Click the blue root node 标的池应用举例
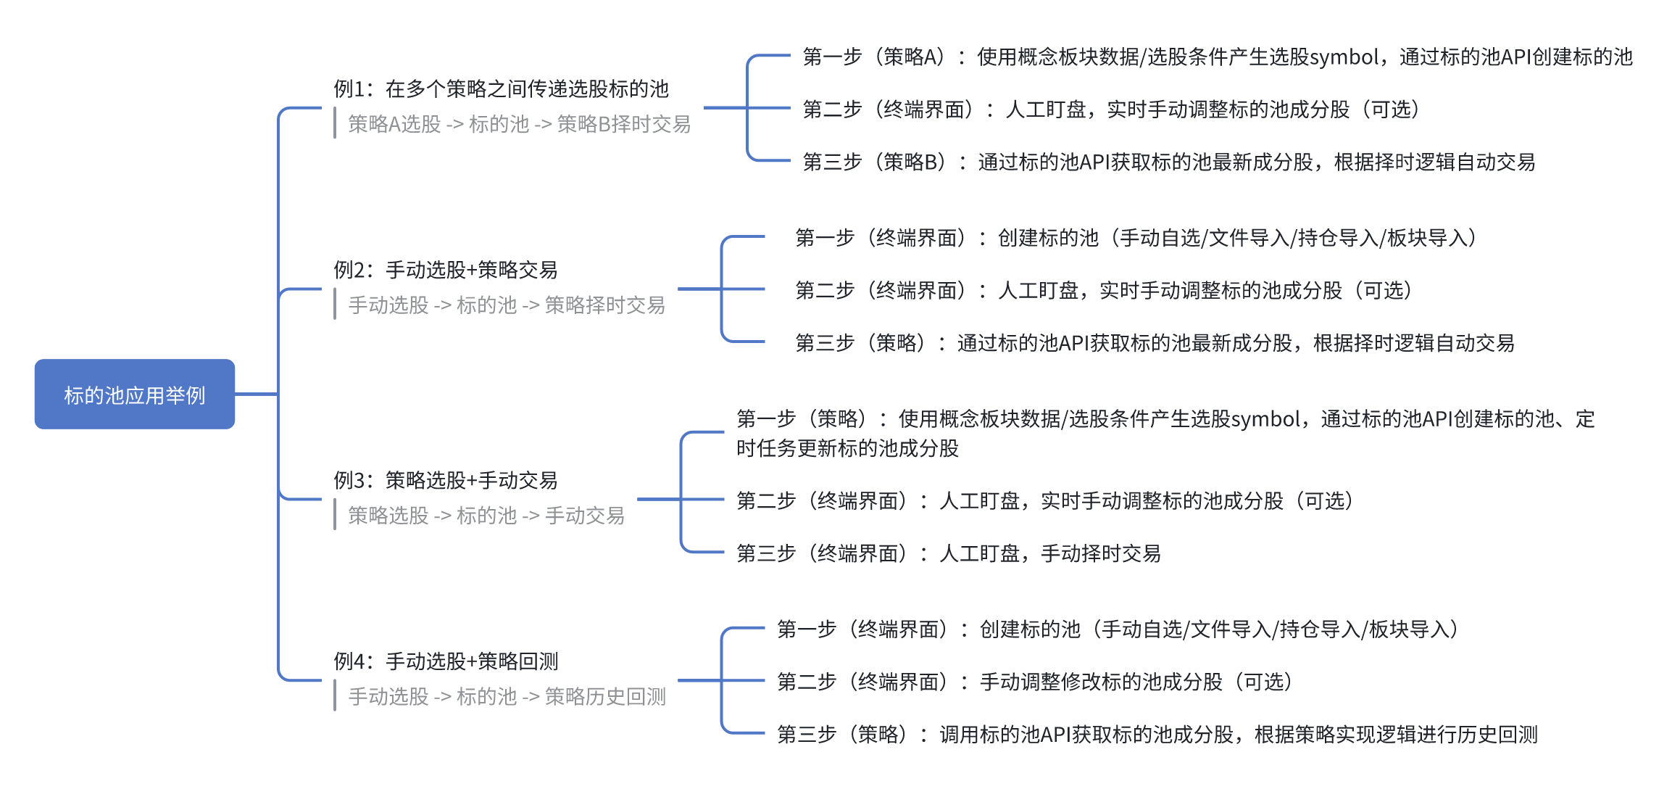[135, 394]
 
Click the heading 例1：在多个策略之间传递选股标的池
[501, 88]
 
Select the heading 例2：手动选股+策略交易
[446, 270]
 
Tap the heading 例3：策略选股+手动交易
[446, 480]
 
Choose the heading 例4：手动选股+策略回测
[446, 661]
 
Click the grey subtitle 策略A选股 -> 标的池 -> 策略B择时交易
[520, 124]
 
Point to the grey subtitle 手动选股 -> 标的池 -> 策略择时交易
[507, 305]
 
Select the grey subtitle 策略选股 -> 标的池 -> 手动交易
[486, 516]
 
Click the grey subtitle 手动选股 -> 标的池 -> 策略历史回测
[507, 697]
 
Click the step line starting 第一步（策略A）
[1218, 57]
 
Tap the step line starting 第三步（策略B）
[1169, 162]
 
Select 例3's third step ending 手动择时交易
[949, 553]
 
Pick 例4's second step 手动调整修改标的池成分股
[1035, 682]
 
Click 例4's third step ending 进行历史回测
[1157, 735]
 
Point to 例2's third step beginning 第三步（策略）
[1155, 343]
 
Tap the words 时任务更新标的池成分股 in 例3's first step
[847, 448]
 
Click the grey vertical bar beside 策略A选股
[335, 123]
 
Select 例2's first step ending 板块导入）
[1136, 238]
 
